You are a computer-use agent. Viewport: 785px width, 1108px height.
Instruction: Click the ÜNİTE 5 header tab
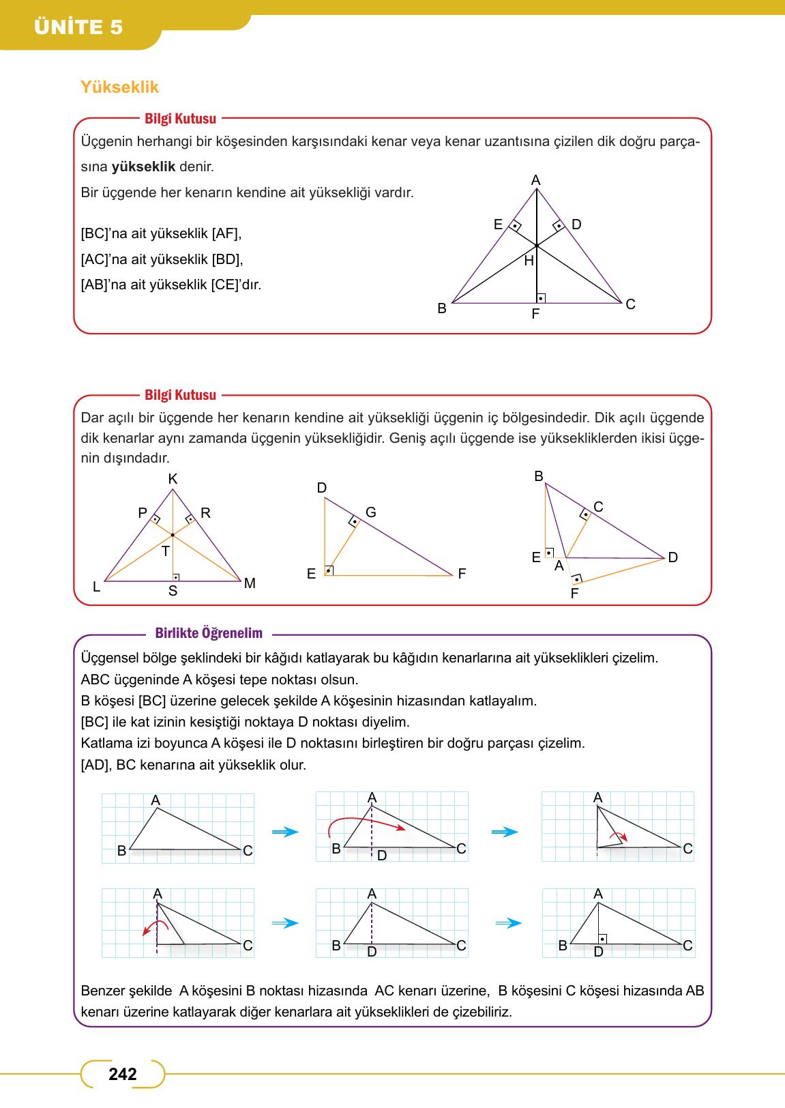78,27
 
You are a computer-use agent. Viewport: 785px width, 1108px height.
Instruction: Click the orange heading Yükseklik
119,87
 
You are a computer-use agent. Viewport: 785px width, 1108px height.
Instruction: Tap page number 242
123,1074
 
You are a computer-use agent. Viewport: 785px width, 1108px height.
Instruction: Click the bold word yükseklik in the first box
143,166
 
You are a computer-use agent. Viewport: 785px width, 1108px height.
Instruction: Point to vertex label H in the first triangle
529,260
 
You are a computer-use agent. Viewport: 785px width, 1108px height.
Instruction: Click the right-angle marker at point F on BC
541,298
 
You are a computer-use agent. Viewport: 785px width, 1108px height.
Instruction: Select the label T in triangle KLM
165,551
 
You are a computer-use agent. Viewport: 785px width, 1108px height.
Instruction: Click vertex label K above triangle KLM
173,480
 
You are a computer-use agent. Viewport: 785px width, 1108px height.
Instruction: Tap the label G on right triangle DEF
371,512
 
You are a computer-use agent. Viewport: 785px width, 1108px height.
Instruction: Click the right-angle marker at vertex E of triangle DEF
329,570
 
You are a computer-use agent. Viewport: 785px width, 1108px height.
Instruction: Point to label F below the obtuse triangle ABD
574,594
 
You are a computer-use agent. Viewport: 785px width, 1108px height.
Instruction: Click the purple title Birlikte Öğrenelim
209,633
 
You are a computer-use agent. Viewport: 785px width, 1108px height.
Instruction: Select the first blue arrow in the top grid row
285,832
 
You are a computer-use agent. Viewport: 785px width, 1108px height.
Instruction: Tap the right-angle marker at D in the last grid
602,939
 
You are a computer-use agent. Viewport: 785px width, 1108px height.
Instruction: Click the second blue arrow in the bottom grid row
508,923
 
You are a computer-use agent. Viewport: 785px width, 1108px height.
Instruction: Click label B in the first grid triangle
121,851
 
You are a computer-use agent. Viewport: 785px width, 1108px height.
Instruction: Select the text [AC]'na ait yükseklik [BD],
162,259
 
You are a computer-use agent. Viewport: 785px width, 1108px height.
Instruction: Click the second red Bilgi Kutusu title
180,395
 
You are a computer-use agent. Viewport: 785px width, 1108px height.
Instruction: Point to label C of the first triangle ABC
630,304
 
